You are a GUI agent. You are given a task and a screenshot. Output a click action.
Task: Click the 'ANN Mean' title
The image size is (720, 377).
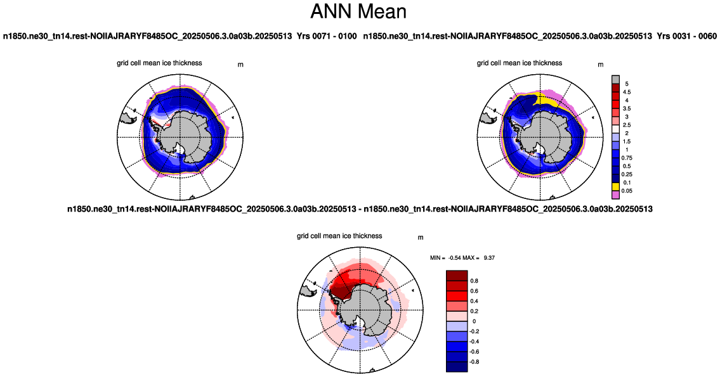click(358, 11)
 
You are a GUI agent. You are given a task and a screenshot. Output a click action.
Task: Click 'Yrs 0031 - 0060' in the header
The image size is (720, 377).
click(686, 35)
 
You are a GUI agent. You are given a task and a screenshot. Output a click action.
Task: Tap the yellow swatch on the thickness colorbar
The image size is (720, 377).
click(616, 187)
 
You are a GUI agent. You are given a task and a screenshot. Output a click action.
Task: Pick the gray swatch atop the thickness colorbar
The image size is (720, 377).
click(616, 80)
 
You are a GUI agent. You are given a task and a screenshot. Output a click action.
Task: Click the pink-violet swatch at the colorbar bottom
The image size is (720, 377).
click(616, 195)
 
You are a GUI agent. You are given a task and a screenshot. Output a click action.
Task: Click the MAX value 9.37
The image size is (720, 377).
click(489, 258)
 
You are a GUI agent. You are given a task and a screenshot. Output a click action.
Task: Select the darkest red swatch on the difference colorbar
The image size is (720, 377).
click(457, 276)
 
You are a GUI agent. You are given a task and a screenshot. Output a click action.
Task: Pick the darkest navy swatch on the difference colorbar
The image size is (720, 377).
click(457, 366)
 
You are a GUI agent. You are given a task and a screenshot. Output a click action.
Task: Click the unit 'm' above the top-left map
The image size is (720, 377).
click(240, 65)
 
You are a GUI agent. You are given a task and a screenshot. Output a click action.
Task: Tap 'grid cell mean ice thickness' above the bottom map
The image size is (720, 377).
click(339, 236)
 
